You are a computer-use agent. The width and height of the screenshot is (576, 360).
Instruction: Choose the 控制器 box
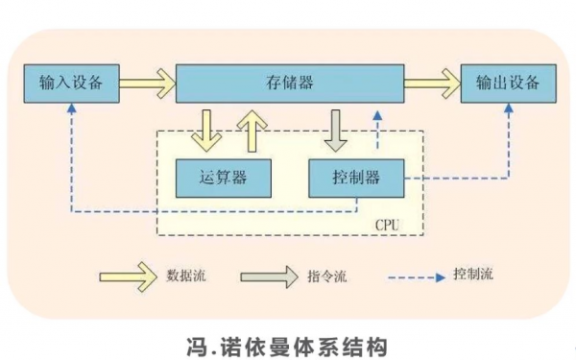356,177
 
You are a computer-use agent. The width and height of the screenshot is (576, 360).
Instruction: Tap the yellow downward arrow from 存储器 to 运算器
206,129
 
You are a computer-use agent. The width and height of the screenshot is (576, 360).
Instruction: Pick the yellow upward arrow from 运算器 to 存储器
252,129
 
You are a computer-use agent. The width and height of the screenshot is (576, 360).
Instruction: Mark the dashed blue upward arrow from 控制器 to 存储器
377,129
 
